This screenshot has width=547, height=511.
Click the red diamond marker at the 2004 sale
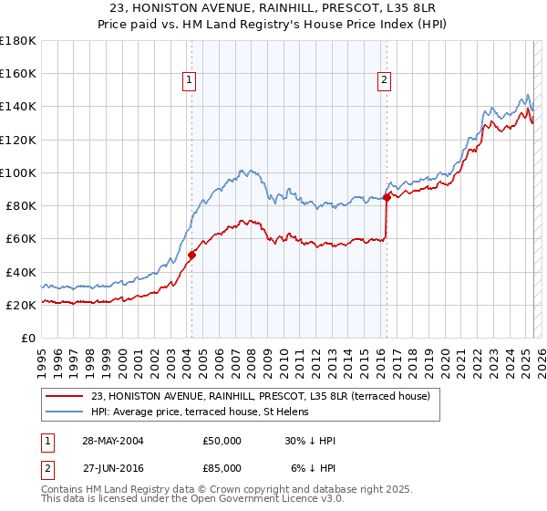pos(191,255)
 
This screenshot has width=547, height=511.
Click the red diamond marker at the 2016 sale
pos(387,196)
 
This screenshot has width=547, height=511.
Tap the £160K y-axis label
pos(17,73)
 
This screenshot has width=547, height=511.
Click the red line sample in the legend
pos(65,395)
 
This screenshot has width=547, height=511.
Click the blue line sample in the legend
pos(65,412)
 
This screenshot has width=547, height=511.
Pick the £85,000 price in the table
pos(222,467)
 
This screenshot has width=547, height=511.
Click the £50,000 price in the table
pos(222,441)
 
